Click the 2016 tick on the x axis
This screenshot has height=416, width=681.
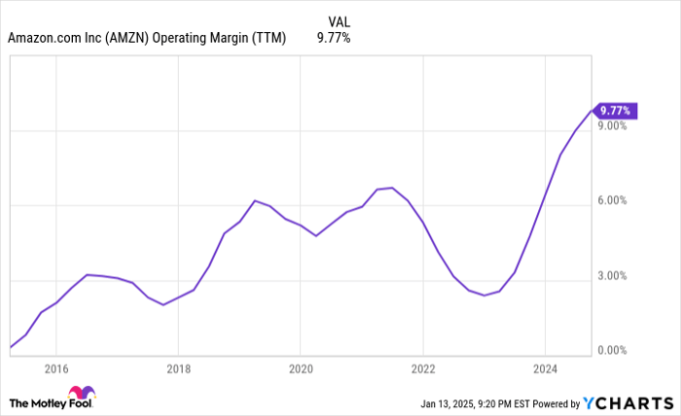[56, 368]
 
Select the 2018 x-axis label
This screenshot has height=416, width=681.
[178, 368]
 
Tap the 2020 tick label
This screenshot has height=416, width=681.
[301, 368]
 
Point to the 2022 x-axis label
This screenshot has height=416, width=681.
[423, 368]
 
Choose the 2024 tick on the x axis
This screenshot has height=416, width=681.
[545, 368]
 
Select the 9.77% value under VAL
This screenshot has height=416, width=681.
[334, 39]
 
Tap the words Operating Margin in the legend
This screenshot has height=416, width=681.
[216, 39]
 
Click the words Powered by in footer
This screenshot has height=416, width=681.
[553, 402]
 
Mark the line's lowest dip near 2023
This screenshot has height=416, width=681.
[484, 295]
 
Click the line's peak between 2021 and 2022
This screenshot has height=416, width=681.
[391, 188]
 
